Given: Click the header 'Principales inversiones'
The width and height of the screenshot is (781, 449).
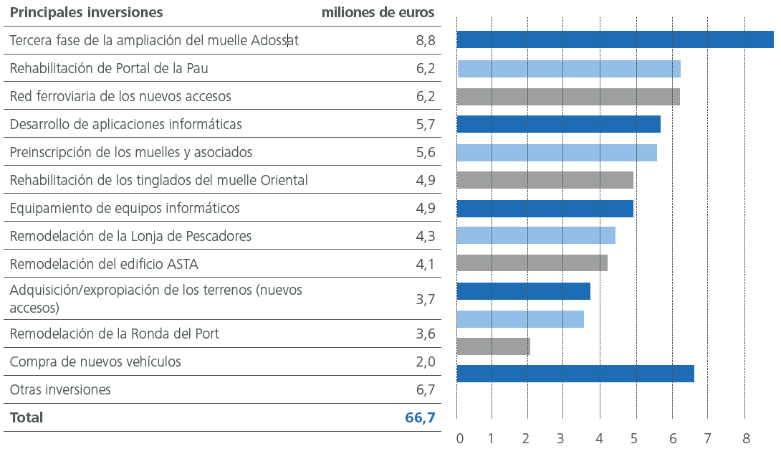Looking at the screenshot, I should click(86, 13).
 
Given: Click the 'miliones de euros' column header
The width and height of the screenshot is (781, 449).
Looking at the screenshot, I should click(378, 13).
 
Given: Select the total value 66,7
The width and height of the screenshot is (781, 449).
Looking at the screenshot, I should click(420, 417).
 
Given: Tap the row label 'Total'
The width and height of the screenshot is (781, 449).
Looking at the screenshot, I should click(27, 417).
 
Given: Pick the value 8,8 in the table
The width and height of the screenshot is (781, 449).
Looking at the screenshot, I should click(425, 41).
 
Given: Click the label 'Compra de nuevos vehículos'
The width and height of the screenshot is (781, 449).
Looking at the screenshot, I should click(95, 361).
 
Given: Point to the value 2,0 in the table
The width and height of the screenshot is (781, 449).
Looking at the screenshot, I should click(425, 361).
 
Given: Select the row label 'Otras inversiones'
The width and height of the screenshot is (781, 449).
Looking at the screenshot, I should click(60, 389).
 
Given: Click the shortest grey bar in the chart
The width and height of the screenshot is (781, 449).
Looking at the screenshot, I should click(493, 346).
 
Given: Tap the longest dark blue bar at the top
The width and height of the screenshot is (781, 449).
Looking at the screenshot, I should click(615, 39).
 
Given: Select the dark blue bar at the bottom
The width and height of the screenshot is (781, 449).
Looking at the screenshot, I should click(575, 374).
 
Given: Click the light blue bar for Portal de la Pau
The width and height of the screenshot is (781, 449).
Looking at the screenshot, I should click(568, 69).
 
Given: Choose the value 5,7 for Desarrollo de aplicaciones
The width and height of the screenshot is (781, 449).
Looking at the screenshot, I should click(425, 125).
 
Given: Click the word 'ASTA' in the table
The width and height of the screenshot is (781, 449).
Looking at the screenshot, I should click(182, 264).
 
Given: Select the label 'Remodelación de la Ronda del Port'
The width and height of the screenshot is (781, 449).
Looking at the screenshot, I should click(115, 334).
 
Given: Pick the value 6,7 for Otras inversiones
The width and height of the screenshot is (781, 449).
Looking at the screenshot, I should click(425, 389).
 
